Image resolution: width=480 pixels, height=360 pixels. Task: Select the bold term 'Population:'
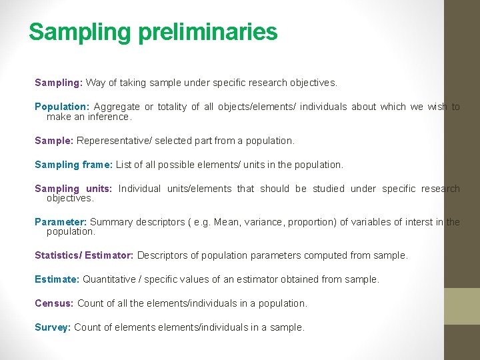coord(61,107)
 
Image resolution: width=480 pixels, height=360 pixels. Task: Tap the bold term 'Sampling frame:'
coord(74,164)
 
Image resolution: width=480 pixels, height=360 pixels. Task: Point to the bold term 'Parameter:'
coord(61,222)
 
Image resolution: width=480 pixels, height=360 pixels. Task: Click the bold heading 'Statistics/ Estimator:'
coord(84,255)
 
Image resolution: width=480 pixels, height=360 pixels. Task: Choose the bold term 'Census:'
coord(55,303)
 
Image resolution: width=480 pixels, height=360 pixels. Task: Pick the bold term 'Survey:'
coord(53,327)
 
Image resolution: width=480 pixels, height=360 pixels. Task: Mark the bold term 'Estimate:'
coord(57,279)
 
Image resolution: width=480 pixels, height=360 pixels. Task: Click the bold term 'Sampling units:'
coord(73,189)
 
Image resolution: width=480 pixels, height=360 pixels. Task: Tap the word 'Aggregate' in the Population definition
coord(116,107)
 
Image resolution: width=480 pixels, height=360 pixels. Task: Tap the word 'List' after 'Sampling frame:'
coord(124,164)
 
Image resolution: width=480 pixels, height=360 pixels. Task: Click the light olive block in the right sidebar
coord(462,306)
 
